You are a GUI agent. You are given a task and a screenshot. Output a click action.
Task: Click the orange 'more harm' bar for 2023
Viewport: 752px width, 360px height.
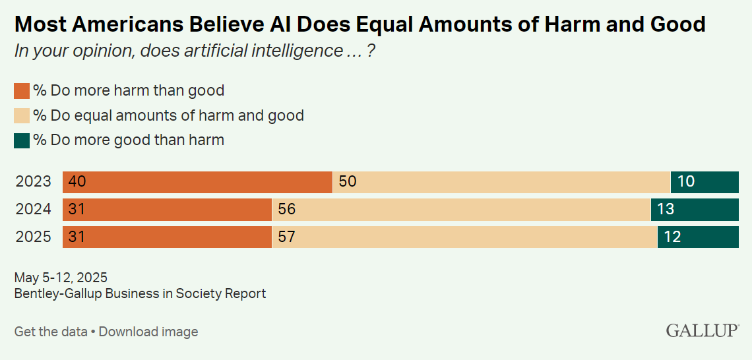(x=198, y=181)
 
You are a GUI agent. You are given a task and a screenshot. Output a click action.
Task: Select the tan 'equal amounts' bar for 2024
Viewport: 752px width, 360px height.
(x=462, y=209)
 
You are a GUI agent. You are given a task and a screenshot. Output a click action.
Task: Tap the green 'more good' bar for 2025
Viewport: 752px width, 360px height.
(x=698, y=236)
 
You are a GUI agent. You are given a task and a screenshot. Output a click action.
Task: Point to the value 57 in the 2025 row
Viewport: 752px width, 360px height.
(x=286, y=236)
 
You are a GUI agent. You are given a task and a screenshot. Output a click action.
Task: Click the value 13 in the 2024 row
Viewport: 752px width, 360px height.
(x=666, y=209)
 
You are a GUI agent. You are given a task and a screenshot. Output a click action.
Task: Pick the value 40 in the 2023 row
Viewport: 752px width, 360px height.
(x=77, y=181)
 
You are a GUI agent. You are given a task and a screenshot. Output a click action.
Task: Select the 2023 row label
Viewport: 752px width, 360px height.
(x=33, y=181)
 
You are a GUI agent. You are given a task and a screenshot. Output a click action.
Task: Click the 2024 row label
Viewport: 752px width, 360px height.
(x=33, y=209)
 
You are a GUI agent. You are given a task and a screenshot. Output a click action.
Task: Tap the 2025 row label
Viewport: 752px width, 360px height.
(x=33, y=236)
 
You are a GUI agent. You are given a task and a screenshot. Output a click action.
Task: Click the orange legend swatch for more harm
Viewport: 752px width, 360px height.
(x=22, y=91)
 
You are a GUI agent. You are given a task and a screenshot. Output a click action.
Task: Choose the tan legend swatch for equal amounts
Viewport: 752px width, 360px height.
(x=22, y=116)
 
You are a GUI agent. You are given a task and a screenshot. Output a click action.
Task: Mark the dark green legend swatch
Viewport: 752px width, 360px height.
(x=22, y=140)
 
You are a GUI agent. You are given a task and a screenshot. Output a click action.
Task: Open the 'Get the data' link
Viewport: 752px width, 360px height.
(x=51, y=332)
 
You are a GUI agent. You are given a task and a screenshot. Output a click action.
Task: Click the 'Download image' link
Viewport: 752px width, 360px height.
(x=148, y=332)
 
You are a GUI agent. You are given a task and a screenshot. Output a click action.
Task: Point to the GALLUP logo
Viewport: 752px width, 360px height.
(x=702, y=330)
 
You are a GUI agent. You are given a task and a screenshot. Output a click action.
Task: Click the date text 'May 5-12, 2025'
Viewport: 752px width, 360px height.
(x=61, y=278)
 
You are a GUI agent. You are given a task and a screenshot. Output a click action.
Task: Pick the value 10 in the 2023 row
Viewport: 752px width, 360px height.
(x=686, y=181)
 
